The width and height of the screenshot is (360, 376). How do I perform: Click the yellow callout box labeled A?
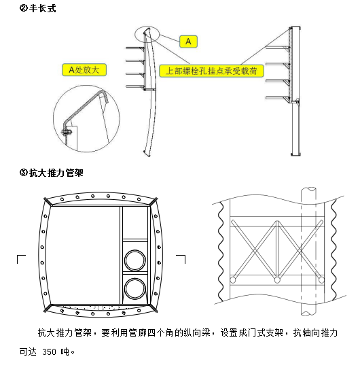pos(188,41)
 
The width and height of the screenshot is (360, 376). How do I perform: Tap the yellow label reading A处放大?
pos(84,70)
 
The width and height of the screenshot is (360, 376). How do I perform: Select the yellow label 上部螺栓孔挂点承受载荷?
pos(211,71)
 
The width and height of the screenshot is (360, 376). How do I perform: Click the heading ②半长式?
pos(38,8)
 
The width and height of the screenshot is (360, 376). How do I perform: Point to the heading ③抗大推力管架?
pos(51,173)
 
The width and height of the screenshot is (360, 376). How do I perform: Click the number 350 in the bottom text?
pos(50,352)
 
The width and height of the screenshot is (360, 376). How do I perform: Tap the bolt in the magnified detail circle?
pos(67,132)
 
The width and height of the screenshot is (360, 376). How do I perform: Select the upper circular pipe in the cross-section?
pos(135,260)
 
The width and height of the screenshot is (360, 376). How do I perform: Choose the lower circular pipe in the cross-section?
pos(135,288)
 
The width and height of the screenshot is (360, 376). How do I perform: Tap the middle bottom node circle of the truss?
pos(277,280)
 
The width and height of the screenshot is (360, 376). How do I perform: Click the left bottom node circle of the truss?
pos(232,280)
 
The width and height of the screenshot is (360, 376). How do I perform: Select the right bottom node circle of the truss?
pos(321,280)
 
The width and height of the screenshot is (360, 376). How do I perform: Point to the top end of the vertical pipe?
pos(308,188)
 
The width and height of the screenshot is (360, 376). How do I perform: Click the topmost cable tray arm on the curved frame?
pos(135,48)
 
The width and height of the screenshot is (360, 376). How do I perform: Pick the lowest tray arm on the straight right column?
pos(278,98)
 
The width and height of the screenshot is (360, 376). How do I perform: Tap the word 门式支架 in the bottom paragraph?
pos(265,332)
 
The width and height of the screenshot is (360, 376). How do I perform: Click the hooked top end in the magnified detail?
pos(105,95)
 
